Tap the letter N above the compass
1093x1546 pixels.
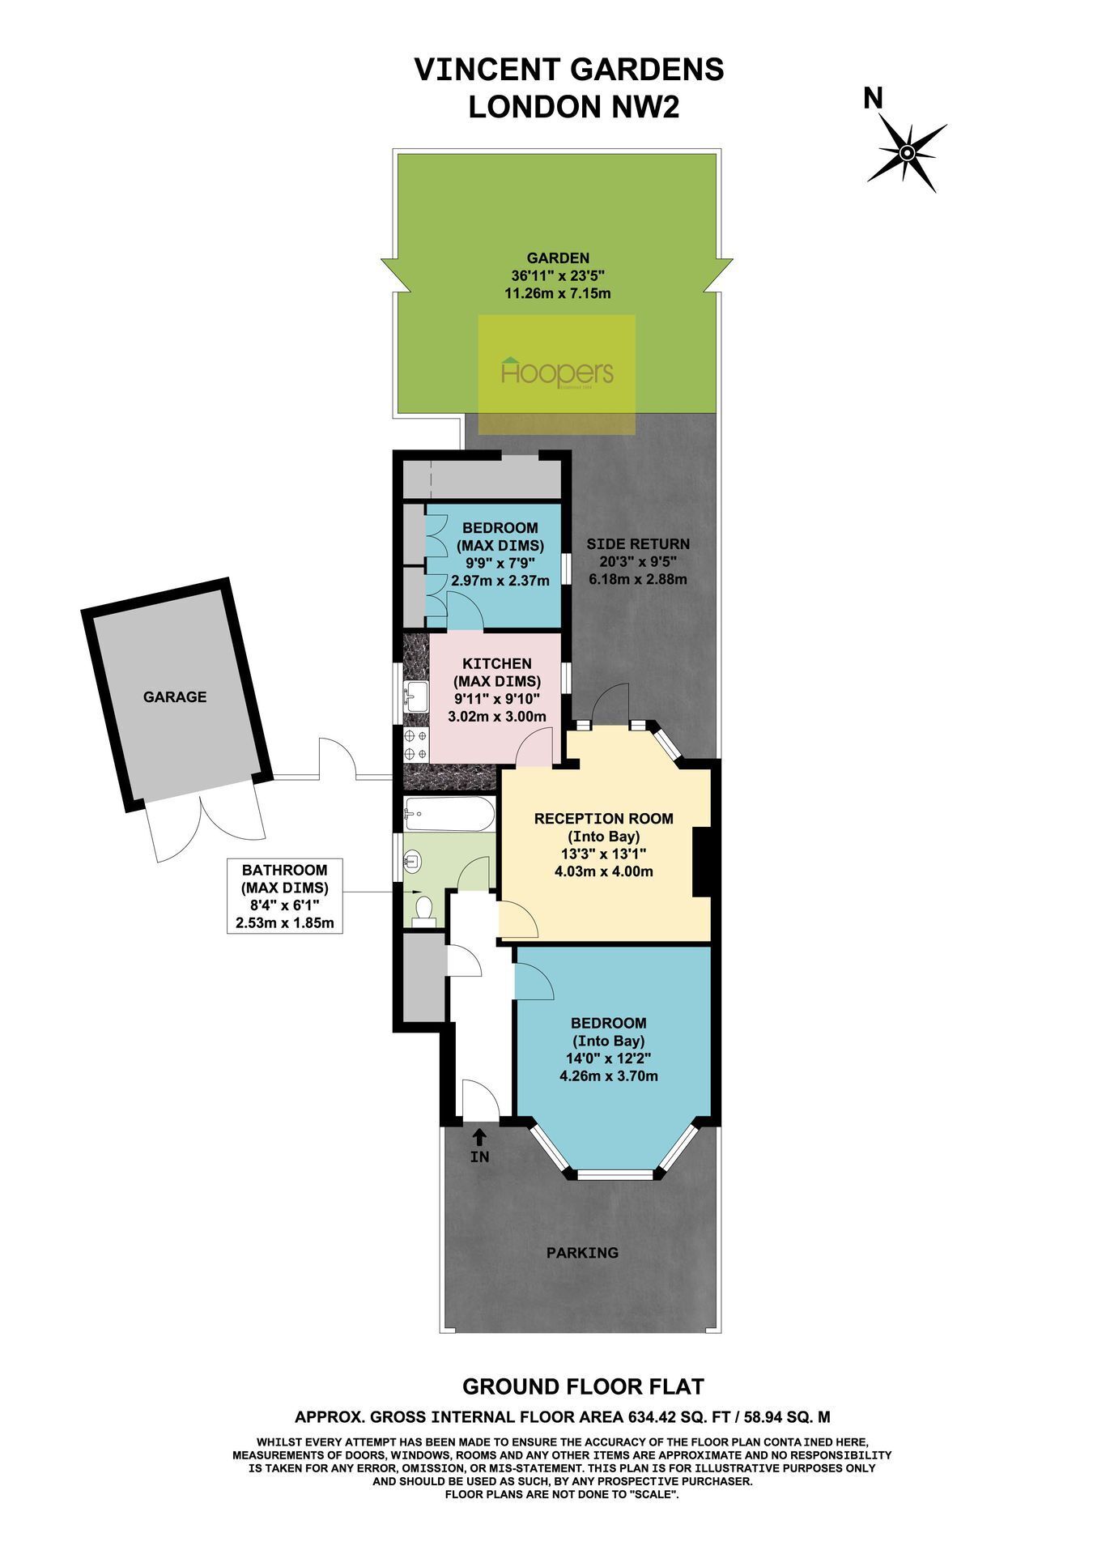coord(873,99)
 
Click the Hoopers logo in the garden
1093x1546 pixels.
coord(557,373)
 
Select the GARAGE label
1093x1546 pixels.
coord(175,696)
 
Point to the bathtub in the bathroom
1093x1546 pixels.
coord(449,814)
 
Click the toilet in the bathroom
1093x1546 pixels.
coord(423,909)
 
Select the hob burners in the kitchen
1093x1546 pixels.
coord(416,744)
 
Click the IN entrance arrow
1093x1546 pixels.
coord(479,1136)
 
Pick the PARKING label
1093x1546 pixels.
coord(582,1253)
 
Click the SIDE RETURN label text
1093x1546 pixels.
coord(638,544)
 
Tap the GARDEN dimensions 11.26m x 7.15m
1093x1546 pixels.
coord(557,293)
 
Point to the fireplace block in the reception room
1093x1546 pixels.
coord(701,860)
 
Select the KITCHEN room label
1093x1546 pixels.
coord(497,664)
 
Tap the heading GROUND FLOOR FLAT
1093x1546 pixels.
coord(583,1386)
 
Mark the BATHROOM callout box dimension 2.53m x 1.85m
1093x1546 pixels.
coord(284,922)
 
